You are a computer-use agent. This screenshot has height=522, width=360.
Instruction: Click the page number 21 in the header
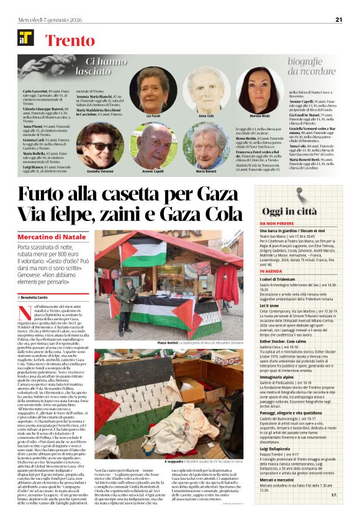click(339, 19)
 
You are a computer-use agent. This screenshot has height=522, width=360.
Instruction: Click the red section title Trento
click(68, 41)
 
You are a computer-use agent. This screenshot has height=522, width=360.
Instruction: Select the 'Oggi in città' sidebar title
click(293, 211)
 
